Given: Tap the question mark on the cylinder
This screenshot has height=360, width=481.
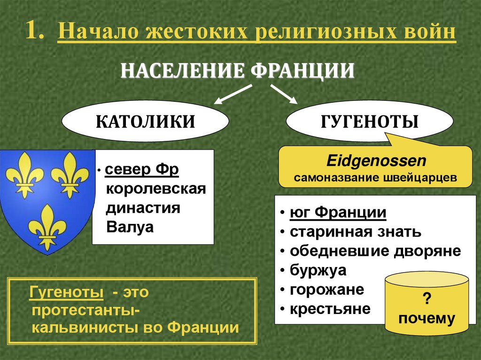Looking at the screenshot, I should pyautogui.click(x=427, y=300).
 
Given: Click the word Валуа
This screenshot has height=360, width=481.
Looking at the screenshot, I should pyautogui.click(x=130, y=227).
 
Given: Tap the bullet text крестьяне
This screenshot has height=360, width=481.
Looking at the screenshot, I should pyautogui.click(x=330, y=309).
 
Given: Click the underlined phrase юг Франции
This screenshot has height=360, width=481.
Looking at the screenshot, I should pyautogui.click(x=338, y=213).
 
